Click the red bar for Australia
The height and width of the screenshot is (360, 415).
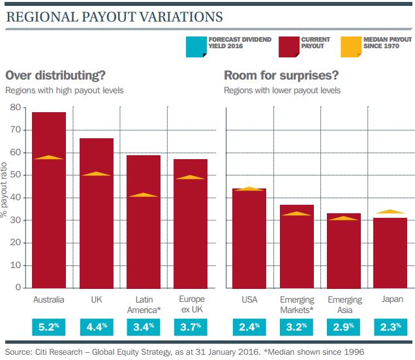pyautogui.click(x=49, y=200)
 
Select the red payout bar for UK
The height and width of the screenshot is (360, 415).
pyautogui.click(x=97, y=213)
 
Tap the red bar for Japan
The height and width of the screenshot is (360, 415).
pyautogui.click(x=390, y=253)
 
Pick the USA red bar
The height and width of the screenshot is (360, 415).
pyautogui.click(x=249, y=238)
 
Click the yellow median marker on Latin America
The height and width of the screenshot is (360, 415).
pyautogui.click(x=144, y=195)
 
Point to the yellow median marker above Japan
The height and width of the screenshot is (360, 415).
pyautogui.click(x=390, y=211)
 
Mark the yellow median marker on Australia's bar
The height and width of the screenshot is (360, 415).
pyautogui.click(x=49, y=157)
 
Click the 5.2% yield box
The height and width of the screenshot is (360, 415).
pyautogui.click(x=49, y=327)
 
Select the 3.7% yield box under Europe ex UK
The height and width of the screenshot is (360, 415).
pyautogui.click(x=191, y=327)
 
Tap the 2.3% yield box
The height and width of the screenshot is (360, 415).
pyautogui.click(x=391, y=327)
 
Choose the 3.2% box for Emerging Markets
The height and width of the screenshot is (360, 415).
pyautogui.click(x=296, y=327)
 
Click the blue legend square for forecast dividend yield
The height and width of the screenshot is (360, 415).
pyautogui.click(x=196, y=47)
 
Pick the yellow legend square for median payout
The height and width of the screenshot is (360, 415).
pyautogui.click(x=351, y=47)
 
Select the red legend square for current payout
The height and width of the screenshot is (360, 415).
pyautogui.click(x=289, y=47)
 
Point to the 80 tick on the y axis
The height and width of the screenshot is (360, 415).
pyautogui.click(x=16, y=107)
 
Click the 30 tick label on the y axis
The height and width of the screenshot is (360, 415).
pyautogui.click(x=16, y=220)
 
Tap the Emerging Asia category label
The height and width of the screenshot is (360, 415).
pyautogui.click(x=345, y=305)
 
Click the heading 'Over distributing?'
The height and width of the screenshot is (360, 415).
pyautogui.click(x=55, y=76)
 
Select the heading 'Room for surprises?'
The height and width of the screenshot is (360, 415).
pyautogui.click(x=281, y=76)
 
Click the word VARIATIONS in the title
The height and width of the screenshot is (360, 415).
pyautogui.click(x=181, y=17)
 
